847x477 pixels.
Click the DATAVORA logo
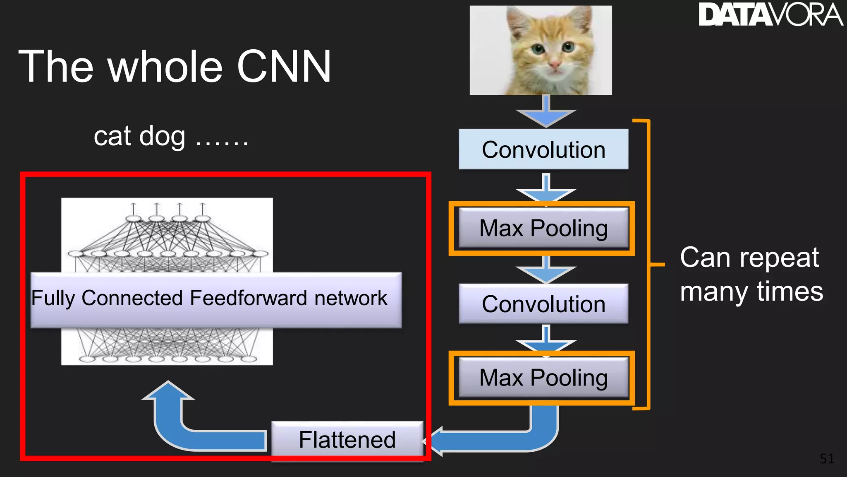(770, 15)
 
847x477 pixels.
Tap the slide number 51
(827, 459)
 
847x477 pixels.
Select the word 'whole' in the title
(165, 67)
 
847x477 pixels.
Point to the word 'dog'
(162, 137)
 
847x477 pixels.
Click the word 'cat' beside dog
(112, 137)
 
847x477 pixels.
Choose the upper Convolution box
(543, 149)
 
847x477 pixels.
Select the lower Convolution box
(543, 304)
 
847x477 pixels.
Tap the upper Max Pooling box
(543, 228)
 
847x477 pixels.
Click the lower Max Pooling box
(543, 378)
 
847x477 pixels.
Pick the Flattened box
(347, 440)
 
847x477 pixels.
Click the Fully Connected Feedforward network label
(209, 298)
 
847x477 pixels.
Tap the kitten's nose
(554, 65)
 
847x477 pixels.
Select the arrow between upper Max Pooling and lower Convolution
(546, 270)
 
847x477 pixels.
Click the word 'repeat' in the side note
(779, 258)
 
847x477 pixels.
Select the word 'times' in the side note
(790, 292)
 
